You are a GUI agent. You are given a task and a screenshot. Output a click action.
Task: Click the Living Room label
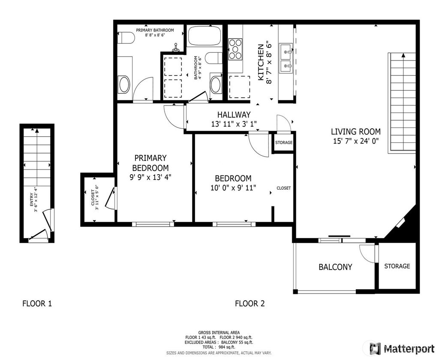355,131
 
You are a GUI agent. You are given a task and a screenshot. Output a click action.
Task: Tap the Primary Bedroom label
150,163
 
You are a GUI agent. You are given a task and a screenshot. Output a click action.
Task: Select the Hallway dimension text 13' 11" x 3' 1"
234,124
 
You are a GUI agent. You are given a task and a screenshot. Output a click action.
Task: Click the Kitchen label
261,62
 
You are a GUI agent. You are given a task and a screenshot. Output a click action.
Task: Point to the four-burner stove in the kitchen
235,49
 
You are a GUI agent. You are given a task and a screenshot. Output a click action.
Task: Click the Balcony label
335,267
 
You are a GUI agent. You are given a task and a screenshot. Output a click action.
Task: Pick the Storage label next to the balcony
397,266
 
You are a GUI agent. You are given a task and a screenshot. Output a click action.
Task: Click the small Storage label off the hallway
284,142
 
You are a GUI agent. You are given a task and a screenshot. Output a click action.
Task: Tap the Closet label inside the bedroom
284,188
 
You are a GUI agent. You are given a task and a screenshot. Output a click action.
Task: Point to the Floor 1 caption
37,303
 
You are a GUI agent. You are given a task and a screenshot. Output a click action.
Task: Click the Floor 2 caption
250,303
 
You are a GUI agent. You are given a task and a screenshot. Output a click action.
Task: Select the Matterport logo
402,349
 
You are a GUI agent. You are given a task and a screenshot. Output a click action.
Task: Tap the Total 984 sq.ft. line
219,347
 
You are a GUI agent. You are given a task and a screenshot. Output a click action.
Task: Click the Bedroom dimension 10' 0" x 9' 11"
233,188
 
